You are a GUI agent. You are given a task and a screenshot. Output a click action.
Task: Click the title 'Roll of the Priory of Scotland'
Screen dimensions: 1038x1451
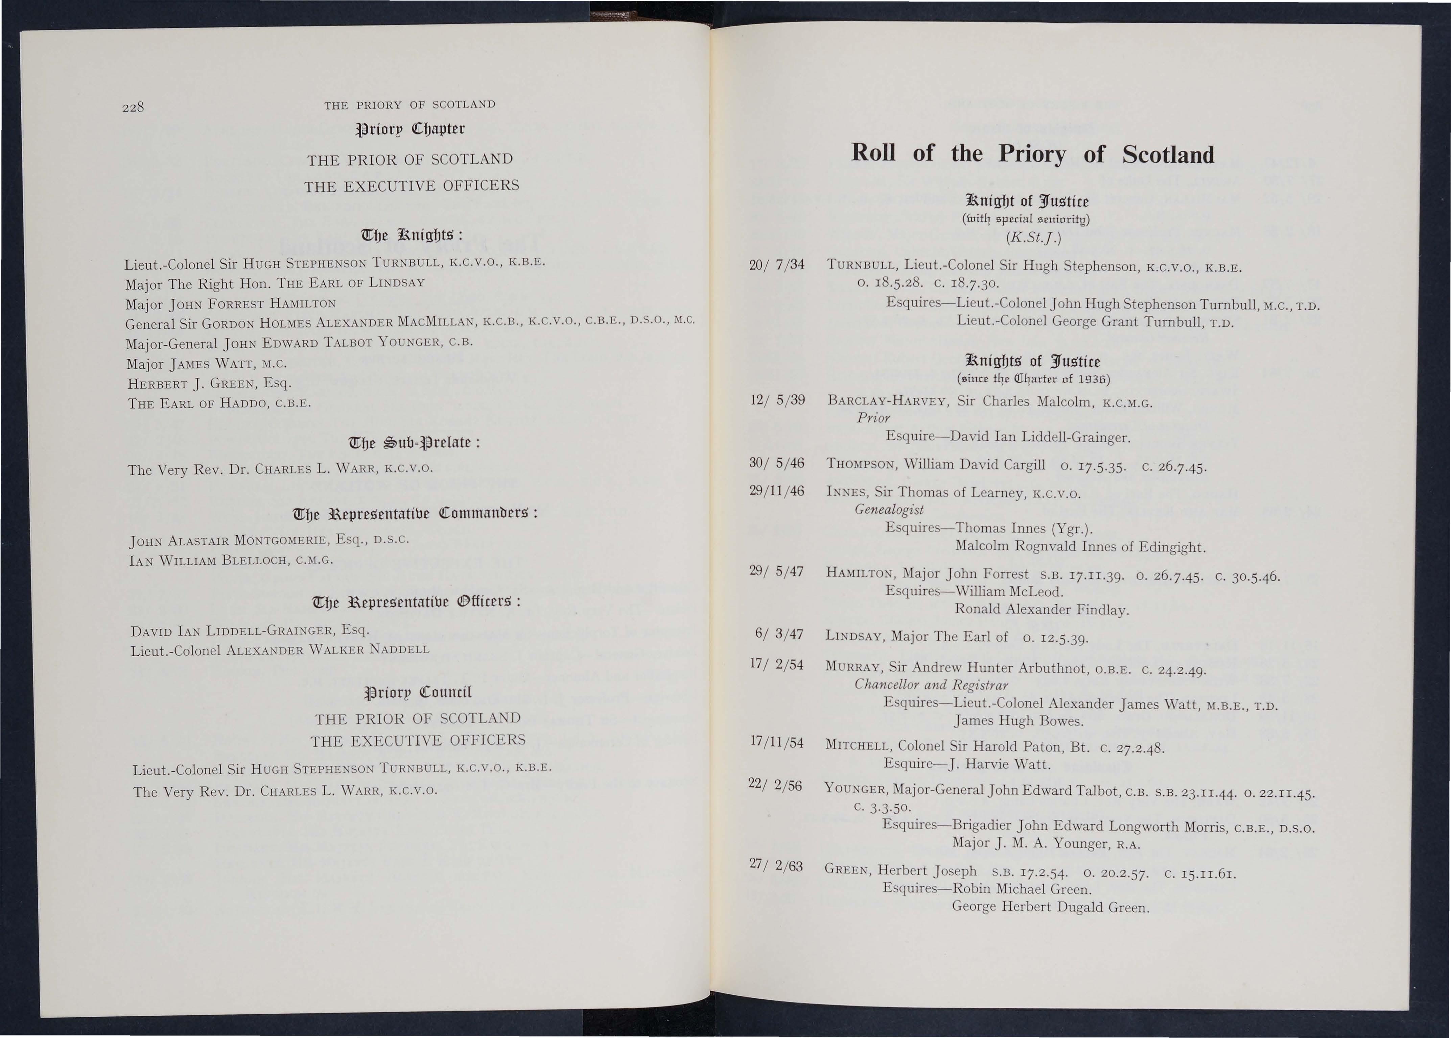pos(1032,154)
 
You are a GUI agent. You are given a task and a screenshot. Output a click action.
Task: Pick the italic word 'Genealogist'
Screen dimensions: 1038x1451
pos(889,510)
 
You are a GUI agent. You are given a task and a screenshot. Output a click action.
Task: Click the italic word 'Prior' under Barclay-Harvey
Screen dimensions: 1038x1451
pos(873,418)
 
